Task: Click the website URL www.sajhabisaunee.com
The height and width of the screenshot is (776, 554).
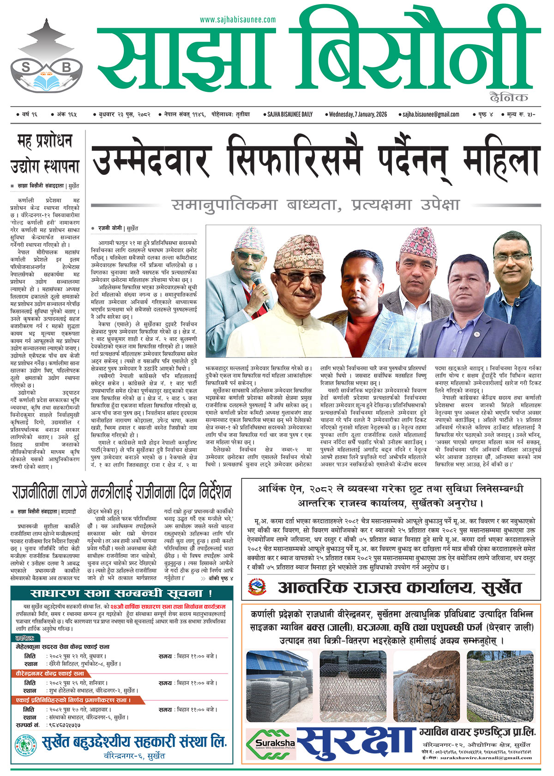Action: [x=238, y=19]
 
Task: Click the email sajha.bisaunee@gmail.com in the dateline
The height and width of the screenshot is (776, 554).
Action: [x=430, y=114]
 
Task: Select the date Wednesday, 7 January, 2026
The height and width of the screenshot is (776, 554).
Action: [x=358, y=114]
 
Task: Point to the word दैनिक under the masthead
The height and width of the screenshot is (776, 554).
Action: [x=509, y=97]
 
